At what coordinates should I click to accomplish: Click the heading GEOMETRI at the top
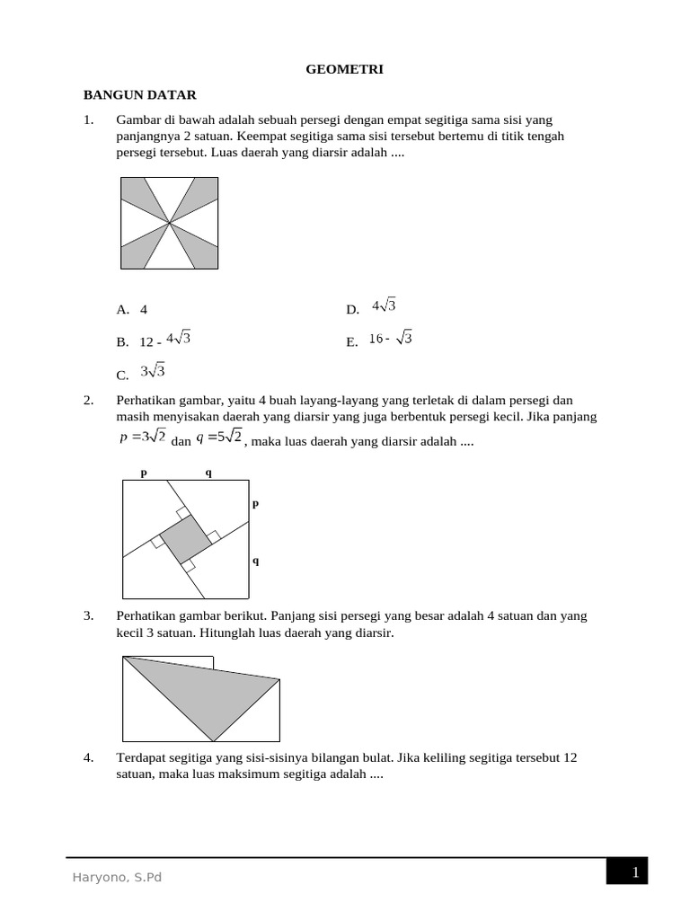point(345,68)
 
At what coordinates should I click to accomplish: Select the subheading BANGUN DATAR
point(139,94)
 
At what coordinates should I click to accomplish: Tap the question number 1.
point(88,120)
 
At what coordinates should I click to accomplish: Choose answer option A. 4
point(132,310)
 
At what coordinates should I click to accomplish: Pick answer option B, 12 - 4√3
point(154,341)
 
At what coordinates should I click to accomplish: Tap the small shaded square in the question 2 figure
point(185,540)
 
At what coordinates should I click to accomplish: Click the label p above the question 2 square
point(142,472)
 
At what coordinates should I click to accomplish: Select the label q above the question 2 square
point(208,472)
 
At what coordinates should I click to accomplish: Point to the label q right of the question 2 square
point(255,560)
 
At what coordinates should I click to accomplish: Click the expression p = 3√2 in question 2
point(142,438)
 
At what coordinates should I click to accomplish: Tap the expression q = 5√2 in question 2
point(219,438)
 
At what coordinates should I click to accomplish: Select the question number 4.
point(88,758)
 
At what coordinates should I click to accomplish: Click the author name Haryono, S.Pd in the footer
point(117,878)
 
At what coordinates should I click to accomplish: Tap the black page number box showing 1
point(626,871)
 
